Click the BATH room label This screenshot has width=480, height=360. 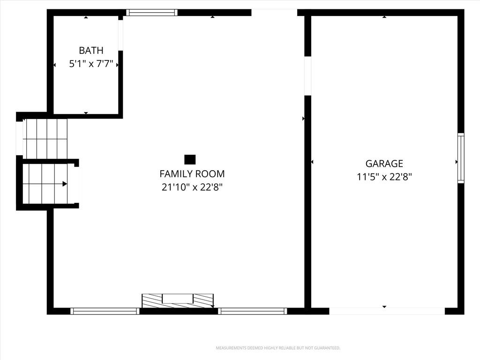point(91,50)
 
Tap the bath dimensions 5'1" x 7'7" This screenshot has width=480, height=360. point(91,64)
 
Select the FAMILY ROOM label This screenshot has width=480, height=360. point(192,174)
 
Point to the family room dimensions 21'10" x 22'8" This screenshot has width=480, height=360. point(192,187)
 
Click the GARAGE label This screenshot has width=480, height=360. point(384,164)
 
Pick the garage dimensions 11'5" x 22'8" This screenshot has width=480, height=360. point(384,177)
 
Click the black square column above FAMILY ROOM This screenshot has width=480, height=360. point(190,159)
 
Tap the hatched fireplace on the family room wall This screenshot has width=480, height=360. point(178,300)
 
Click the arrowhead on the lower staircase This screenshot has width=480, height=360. point(65,184)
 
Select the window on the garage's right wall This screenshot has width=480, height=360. point(461,158)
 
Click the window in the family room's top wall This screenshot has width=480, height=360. point(152,13)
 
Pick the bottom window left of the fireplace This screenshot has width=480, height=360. point(105,311)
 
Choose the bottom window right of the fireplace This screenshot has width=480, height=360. point(253,311)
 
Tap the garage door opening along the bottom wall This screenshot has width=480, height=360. point(387,311)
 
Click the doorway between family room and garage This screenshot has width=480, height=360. point(307,76)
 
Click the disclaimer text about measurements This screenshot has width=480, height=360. point(278,348)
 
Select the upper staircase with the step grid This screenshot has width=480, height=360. point(45,139)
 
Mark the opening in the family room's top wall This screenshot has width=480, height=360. point(274,13)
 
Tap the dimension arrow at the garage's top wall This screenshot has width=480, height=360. point(384,17)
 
